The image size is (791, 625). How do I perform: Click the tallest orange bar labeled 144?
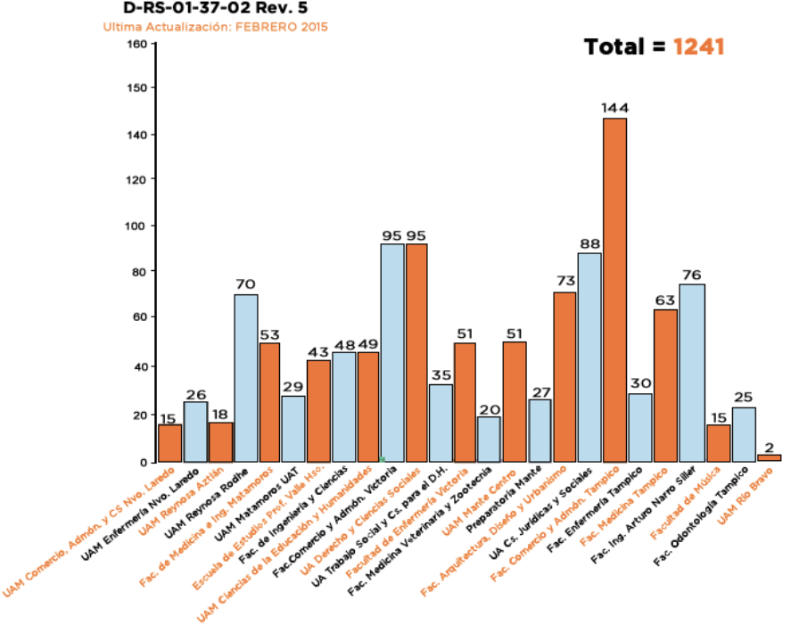click(614, 290)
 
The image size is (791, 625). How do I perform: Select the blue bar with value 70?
click(245, 378)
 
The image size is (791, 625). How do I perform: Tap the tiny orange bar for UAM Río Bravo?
click(769, 457)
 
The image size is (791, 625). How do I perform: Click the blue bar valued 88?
click(589, 358)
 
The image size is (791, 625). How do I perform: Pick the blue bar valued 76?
click(691, 373)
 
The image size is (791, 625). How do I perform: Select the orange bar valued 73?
click(564, 376)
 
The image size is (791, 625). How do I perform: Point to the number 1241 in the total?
click(698, 47)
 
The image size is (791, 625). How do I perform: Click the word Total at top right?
click(614, 47)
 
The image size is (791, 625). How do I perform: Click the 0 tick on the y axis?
click(142, 462)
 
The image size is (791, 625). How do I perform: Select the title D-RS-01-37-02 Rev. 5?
click(197, 8)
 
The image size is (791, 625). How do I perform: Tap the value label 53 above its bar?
click(270, 334)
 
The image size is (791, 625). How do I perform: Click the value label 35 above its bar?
click(441, 376)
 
